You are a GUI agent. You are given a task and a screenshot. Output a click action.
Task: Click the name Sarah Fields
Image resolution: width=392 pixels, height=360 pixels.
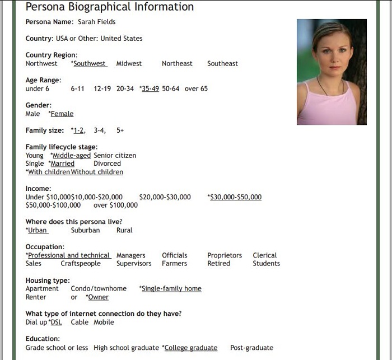point(97,22)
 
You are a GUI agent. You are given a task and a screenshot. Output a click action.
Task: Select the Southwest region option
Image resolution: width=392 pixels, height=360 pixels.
point(90,64)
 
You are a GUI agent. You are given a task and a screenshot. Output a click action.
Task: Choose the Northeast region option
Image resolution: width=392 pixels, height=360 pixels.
point(177,64)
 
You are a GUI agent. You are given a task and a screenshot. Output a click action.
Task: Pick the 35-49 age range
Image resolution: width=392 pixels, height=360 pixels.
point(150,88)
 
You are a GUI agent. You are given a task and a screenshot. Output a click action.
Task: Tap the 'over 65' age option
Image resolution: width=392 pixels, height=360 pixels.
point(196,88)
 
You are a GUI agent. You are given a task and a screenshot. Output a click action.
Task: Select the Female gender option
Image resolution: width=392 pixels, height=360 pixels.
point(62,114)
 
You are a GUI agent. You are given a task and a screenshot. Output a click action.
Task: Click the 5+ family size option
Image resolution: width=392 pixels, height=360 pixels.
point(120,130)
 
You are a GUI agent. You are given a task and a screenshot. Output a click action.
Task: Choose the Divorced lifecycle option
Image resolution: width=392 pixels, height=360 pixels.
point(107,163)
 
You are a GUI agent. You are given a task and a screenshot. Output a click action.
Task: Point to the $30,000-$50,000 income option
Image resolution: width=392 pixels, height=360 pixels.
point(235,197)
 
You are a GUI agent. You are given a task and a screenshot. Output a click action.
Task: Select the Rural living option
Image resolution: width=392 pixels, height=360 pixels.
point(124,230)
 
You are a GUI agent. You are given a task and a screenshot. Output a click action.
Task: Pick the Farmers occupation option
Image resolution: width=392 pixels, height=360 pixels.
point(175,263)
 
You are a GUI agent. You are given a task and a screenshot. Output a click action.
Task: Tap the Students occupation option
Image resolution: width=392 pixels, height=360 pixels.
point(266,263)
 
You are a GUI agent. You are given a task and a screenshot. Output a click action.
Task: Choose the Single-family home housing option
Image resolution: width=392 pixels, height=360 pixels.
point(171,288)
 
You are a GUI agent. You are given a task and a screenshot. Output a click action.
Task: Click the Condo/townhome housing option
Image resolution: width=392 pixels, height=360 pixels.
point(99,288)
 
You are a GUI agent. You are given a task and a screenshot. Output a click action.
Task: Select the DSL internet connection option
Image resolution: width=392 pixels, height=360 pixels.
point(57,322)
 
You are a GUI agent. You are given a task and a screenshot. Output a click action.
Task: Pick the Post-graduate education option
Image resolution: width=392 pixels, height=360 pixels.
point(251,348)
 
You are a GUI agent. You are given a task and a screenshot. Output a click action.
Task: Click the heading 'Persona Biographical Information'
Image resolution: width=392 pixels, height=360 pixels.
point(110,7)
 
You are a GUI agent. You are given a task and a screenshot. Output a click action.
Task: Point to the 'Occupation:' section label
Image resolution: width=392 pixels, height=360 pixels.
point(45,247)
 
